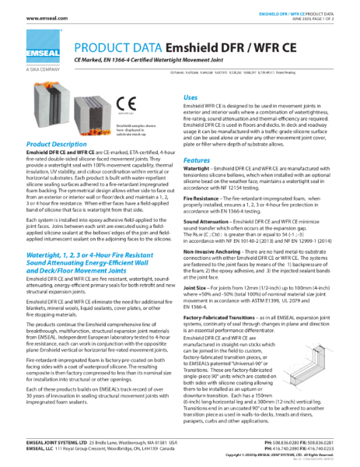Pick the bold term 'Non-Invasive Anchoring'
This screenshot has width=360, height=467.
point(212,251)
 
